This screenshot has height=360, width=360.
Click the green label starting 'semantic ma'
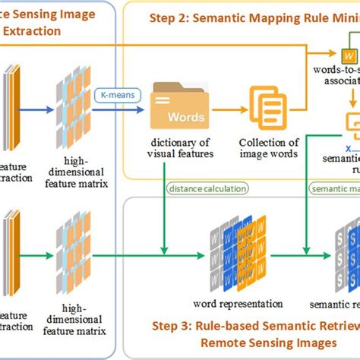click(x=335, y=189)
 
